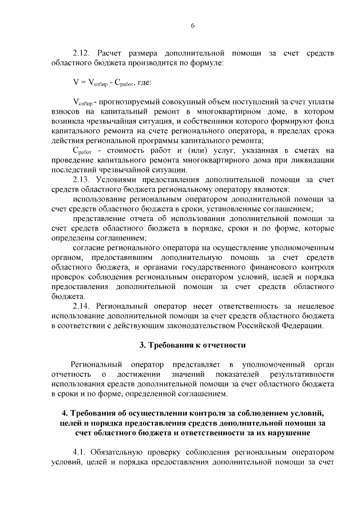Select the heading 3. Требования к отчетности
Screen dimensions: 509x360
coord(192,344)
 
